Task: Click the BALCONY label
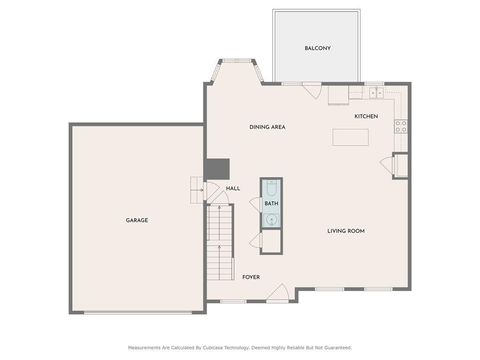pyautogui.click(x=317, y=48)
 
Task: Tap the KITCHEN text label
pyautogui.click(x=365, y=117)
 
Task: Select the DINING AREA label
pyautogui.click(x=268, y=127)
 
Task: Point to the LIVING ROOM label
pyautogui.click(x=346, y=231)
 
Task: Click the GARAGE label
pyautogui.click(x=136, y=220)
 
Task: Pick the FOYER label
pyautogui.click(x=251, y=277)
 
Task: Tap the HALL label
pyautogui.click(x=233, y=188)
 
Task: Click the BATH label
pyautogui.click(x=271, y=204)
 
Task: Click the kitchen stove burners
pyautogui.click(x=400, y=126)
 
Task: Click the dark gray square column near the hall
pyautogui.click(x=215, y=169)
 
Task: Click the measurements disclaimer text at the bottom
pyautogui.click(x=239, y=347)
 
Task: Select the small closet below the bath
pyautogui.click(x=271, y=240)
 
